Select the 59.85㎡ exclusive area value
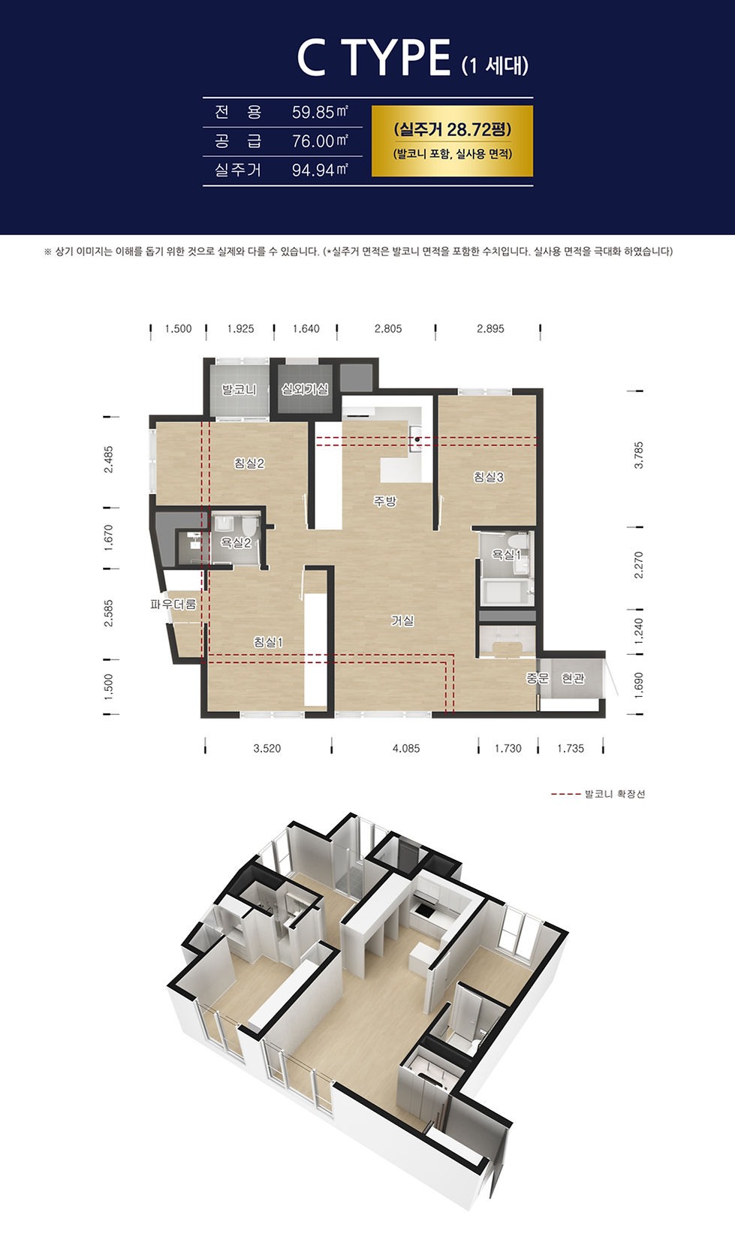pos(320,112)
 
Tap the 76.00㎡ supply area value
pos(320,140)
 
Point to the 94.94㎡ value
pos(320,170)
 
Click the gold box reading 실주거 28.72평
pos(452,141)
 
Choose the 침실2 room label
pos(249,463)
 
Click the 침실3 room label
pos(489,477)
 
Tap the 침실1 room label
pos(268,642)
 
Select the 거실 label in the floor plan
pos(402,620)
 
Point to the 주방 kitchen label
pos(385,501)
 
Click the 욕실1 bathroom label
pos(507,555)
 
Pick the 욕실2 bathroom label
pos(236,542)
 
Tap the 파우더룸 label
pos(173,604)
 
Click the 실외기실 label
pos(306,389)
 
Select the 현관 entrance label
pos(573,678)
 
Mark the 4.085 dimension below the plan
pos(406,749)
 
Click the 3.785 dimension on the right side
pos(639,455)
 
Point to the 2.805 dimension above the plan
pos(388,329)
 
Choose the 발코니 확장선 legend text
pos(615,794)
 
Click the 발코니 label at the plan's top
pos(239,389)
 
